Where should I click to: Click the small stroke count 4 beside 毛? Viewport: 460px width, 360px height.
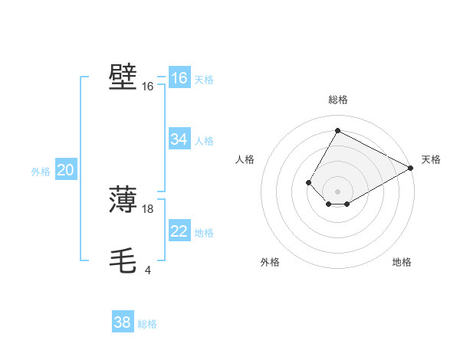pyautogui.click(x=147, y=270)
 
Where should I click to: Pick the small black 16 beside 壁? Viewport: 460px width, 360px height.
pyautogui.click(x=147, y=87)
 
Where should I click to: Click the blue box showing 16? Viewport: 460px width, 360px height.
pyautogui.click(x=179, y=78)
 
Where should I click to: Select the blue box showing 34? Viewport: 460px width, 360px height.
pyautogui.click(x=179, y=139)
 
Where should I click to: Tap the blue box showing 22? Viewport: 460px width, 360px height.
pyautogui.click(x=179, y=232)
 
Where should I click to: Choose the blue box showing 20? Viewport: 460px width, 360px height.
pyautogui.click(x=66, y=171)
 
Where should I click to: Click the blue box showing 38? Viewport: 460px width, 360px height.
pyautogui.click(x=123, y=322)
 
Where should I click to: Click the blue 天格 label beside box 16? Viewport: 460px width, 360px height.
pyautogui.click(x=204, y=79)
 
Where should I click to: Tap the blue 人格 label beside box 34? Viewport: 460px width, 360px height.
pyautogui.click(x=204, y=140)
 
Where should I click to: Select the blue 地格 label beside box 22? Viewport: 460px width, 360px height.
pyautogui.click(x=204, y=233)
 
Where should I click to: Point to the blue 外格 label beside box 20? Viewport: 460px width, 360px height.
pyautogui.click(x=41, y=172)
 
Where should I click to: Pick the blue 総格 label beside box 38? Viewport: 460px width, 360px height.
pyautogui.click(x=147, y=324)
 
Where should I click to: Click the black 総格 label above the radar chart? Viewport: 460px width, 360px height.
pyautogui.click(x=337, y=100)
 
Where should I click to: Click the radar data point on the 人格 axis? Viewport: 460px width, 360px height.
pyautogui.click(x=308, y=182)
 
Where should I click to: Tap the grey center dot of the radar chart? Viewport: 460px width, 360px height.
pyautogui.click(x=337, y=191)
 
